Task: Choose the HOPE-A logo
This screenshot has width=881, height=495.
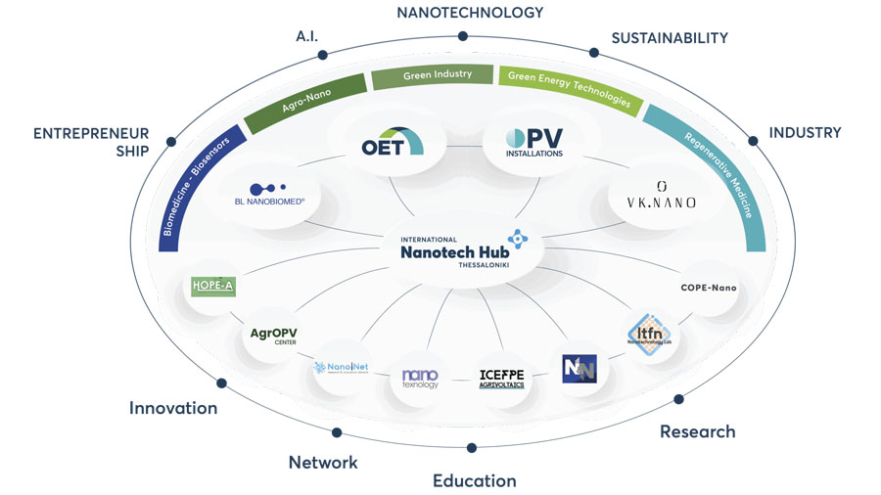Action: point(213,285)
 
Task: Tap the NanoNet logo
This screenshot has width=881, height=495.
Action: point(333,369)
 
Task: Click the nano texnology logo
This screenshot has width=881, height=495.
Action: point(420,378)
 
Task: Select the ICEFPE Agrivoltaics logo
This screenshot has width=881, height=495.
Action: point(502,378)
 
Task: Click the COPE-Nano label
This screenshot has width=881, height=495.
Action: point(708,288)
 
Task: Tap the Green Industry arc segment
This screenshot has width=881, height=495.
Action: point(437,75)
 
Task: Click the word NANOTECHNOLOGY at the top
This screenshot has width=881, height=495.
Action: point(469,13)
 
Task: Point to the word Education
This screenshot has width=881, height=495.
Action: point(475,480)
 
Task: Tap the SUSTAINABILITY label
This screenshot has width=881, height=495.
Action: point(670,38)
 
